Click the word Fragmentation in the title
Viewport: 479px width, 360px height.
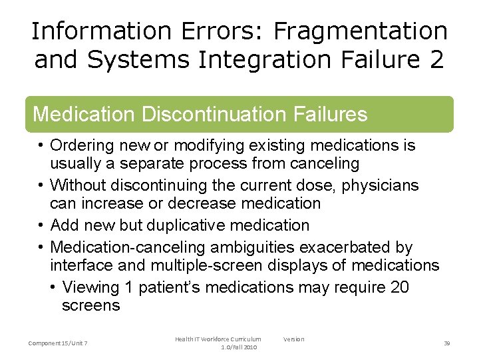pos(361,31)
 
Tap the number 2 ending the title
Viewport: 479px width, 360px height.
pos(436,60)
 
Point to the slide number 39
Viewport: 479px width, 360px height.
pos(447,343)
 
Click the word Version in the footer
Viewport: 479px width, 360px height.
pos(293,339)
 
